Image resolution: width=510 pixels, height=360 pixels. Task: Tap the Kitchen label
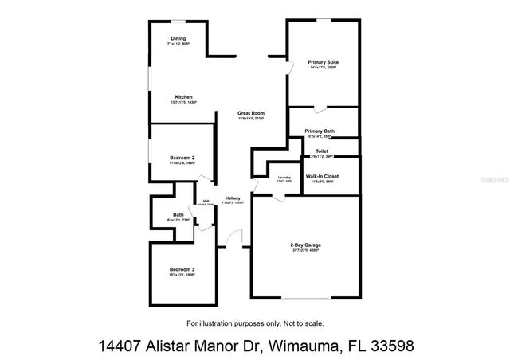pyautogui.click(x=184, y=97)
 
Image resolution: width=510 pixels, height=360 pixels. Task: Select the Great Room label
pyautogui.click(x=250, y=113)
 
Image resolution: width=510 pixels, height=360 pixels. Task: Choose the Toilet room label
pyautogui.click(x=322, y=151)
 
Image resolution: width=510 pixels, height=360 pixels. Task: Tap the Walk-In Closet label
pyautogui.click(x=322, y=176)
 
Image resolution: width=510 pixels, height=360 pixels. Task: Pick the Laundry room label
pyautogui.click(x=284, y=178)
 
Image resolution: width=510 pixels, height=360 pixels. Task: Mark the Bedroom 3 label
pyautogui.click(x=182, y=270)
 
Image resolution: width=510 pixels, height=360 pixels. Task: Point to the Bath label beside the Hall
pyautogui.click(x=177, y=214)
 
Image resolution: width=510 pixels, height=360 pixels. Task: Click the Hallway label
pyautogui.click(x=233, y=198)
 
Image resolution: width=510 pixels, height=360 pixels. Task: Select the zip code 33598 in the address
pyautogui.click(x=388, y=346)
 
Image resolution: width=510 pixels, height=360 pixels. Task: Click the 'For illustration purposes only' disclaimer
pyautogui.click(x=255, y=323)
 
